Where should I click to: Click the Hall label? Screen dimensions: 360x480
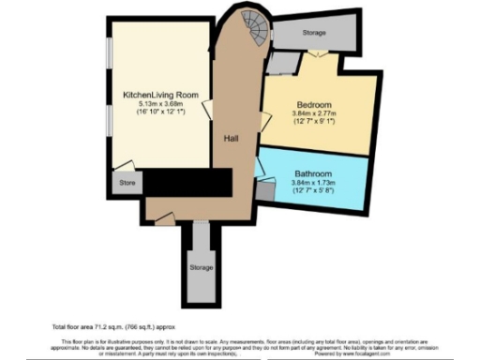click(231, 138)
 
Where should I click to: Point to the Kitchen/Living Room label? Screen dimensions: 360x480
click(157, 95)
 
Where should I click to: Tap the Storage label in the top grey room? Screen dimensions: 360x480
click(315, 33)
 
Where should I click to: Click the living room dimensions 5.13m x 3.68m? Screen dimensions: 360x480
click(157, 104)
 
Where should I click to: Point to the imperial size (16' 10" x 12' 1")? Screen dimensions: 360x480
click(157, 112)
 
